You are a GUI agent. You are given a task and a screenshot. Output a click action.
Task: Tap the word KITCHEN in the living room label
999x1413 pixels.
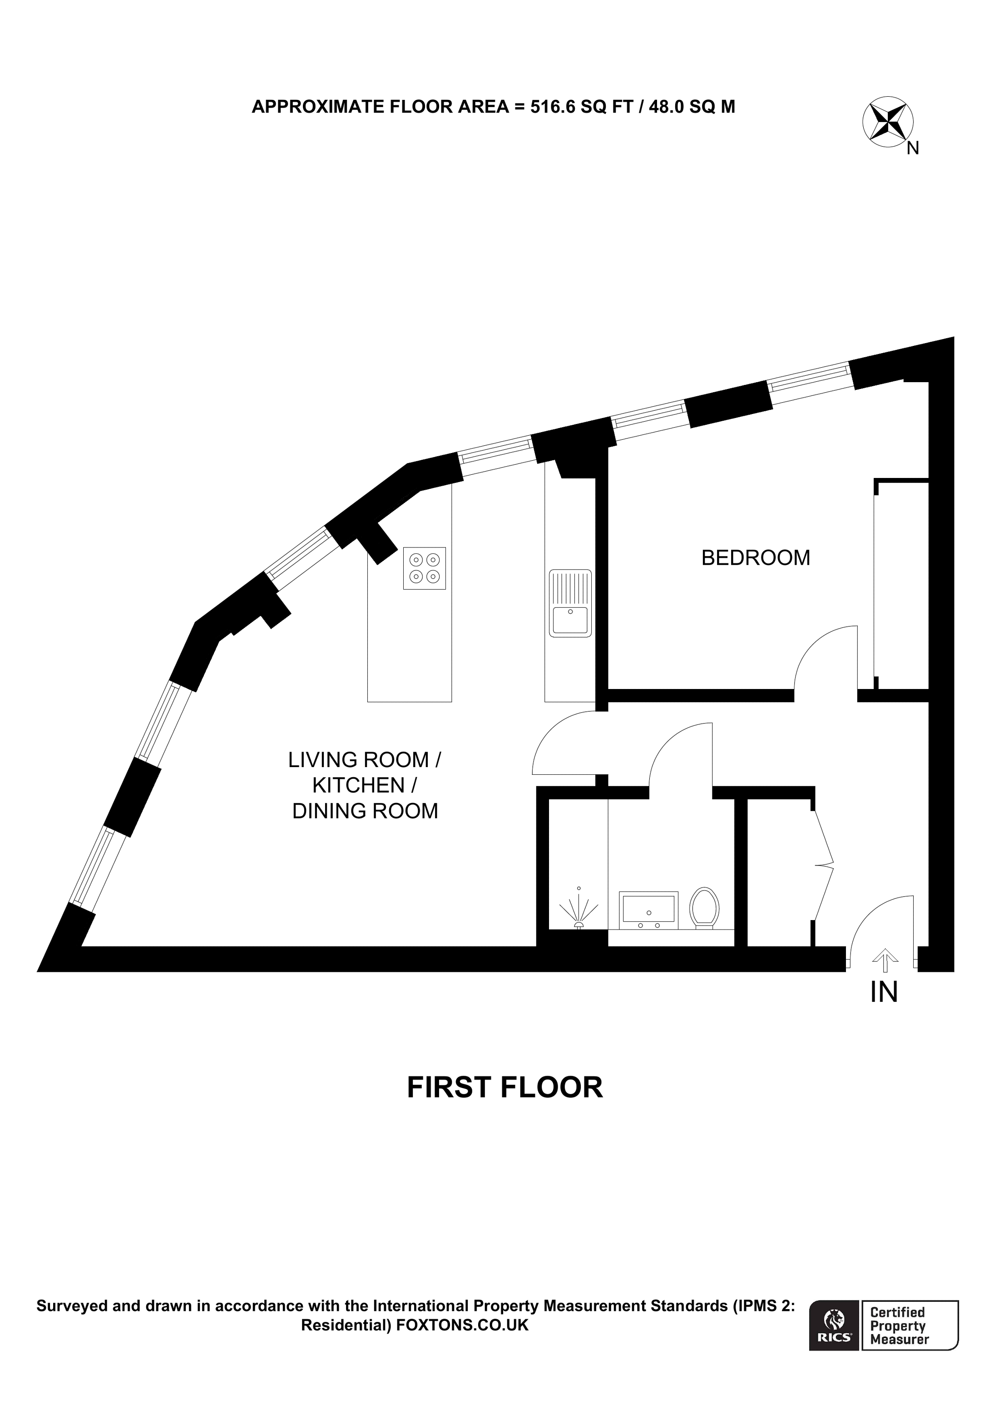tap(358, 786)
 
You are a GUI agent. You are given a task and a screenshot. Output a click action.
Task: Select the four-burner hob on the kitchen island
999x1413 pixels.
tap(425, 568)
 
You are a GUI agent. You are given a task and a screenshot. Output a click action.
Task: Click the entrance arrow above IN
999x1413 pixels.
tap(885, 957)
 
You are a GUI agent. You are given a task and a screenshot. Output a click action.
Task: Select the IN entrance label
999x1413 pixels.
tap(884, 992)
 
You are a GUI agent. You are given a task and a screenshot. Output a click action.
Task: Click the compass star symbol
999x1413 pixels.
tap(888, 121)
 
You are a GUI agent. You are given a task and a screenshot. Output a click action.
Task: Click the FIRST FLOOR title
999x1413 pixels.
tap(505, 1088)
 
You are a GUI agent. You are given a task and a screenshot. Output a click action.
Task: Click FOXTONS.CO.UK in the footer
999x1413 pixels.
tap(462, 1325)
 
